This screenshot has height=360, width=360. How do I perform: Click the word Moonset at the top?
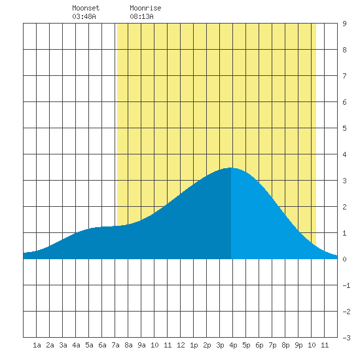point(86,8)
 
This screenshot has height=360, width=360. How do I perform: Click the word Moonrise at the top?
point(145,8)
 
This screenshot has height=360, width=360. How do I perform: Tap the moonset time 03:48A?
point(84,16)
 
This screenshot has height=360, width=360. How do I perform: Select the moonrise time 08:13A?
point(141,16)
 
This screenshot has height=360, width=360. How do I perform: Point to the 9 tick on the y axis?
point(344,24)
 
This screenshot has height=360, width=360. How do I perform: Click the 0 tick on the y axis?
point(344,259)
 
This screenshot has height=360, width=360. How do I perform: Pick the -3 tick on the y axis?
point(346,338)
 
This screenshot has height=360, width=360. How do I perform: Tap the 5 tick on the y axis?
point(344,128)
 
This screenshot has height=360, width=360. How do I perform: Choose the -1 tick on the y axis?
point(346,285)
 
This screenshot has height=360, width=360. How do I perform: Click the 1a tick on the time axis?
point(37,345)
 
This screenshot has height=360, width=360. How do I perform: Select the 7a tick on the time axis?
point(115,345)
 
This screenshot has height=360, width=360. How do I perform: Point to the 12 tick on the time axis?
point(181,345)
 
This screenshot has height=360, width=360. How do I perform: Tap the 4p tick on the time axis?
point(233,345)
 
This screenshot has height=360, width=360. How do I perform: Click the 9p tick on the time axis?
point(298,345)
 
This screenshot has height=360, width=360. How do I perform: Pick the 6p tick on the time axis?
point(259,345)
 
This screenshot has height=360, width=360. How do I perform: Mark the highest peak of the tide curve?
point(231,168)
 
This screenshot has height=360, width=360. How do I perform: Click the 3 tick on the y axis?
point(344,181)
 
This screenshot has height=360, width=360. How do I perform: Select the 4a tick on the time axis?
point(76,345)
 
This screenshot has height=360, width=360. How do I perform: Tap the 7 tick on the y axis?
point(344,76)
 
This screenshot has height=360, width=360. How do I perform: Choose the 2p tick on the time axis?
point(207,345)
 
